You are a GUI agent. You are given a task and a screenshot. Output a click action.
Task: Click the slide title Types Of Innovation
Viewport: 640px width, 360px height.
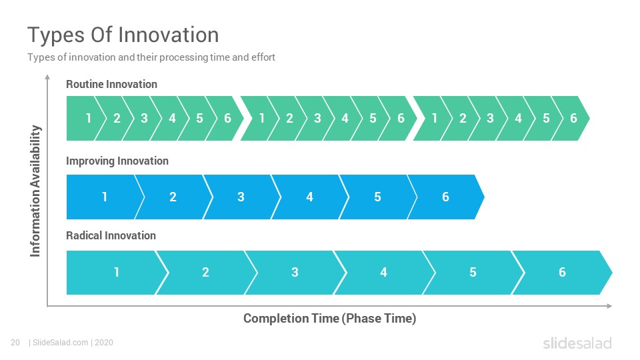coord(123,35)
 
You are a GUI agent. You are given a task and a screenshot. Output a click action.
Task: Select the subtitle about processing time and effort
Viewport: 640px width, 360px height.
coord(151,57)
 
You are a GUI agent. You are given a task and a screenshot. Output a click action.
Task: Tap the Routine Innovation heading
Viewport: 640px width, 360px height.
coord(111,84)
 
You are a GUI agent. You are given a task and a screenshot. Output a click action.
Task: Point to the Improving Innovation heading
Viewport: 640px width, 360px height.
coord(117,161)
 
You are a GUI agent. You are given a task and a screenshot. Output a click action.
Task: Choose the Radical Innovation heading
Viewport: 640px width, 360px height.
coord(111,235)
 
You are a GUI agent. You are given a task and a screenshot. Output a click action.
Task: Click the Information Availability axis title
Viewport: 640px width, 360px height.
coord(35,191)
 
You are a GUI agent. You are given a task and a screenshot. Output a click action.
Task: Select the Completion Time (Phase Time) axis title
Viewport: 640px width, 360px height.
coord(330,319)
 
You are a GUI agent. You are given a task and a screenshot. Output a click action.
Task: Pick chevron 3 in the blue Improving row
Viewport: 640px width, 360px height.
coord(241,197)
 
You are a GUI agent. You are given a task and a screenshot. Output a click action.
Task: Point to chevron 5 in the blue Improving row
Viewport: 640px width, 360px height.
coord(377,197)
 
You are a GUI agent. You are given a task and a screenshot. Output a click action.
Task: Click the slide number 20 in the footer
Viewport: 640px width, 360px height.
coord(15,343)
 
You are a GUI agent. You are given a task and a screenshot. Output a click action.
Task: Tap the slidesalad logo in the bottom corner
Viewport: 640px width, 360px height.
coord(577,343)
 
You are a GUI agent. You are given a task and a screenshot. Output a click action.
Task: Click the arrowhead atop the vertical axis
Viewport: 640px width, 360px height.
coord(47,77)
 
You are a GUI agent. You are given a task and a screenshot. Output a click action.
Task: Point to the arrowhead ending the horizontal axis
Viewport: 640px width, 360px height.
coord(609,306)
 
